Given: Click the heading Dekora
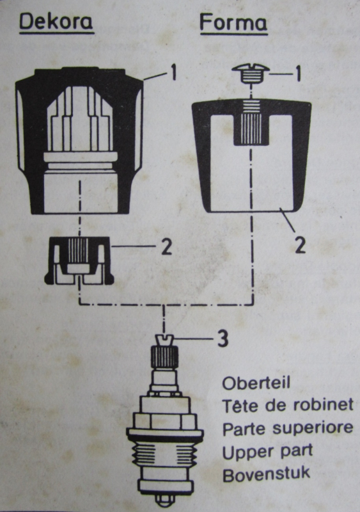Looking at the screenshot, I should [56, 22].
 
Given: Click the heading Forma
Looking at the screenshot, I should [233, 22].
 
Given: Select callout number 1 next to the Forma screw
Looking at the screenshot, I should [295, 74].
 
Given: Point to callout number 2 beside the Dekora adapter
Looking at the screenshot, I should [166, 247].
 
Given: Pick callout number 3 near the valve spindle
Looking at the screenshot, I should [221, 339].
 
